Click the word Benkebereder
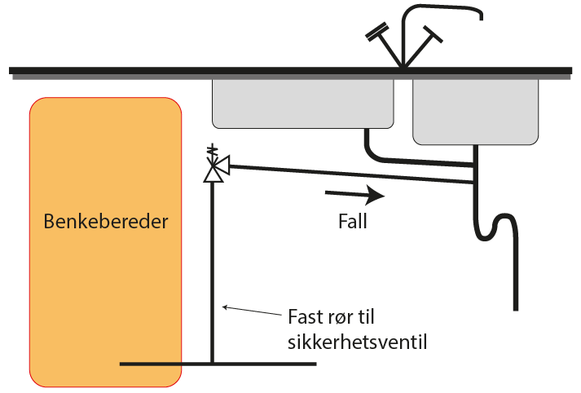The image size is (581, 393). [106, 221]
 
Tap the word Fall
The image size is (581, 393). [353, 221]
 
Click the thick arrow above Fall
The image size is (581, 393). [355, 195]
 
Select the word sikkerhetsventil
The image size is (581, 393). [358, 342]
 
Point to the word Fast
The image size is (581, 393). [305, 317]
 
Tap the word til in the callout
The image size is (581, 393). [364, 316]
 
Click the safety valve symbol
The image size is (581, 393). [216, 164]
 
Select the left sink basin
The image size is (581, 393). [303, 104]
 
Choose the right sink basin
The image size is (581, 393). [475, 112]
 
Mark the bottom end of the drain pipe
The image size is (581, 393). [516, 311]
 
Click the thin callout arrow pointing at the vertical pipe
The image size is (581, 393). [251, 311]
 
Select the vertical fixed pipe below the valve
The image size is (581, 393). [213, 272]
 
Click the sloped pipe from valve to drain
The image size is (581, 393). [352, 174]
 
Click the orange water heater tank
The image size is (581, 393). [106, 242]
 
